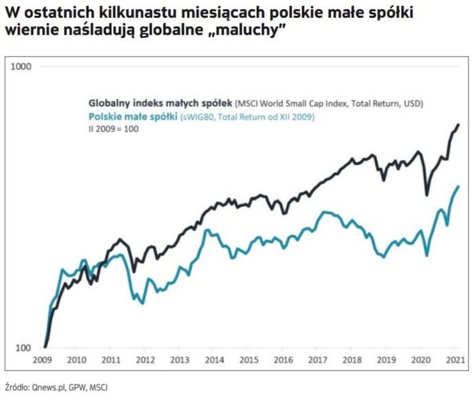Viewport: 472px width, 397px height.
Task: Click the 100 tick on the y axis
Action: (23, 348)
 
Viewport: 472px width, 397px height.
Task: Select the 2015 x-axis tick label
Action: (249, 360)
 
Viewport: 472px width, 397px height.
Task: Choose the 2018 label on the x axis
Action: (352, 360)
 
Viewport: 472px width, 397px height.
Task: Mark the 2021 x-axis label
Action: (454, 360)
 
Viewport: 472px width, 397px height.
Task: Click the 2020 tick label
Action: (420, 360)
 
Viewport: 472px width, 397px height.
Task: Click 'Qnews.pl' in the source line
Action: (49, 386)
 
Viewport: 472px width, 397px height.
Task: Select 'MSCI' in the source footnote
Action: (98, 386)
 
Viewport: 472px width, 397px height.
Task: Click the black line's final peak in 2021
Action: (459, 124)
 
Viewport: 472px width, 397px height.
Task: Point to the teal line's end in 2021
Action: (459, 186)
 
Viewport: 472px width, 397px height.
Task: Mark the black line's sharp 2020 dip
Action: (427, 195)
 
